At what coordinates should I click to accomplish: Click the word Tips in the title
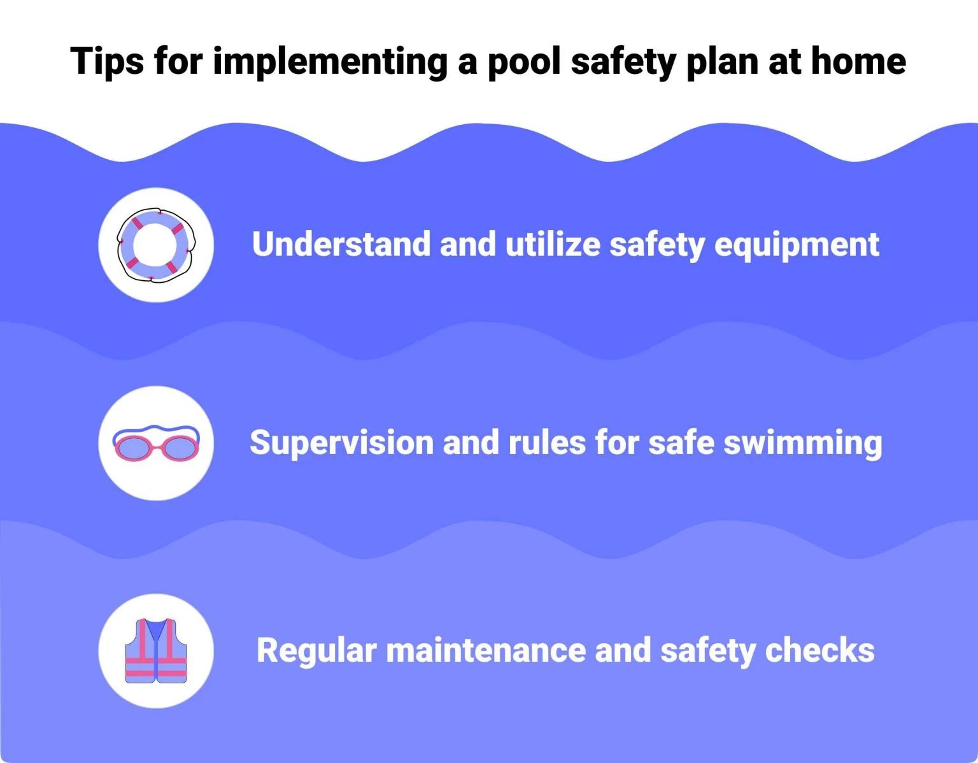pyautogui.click(x=106, y=62)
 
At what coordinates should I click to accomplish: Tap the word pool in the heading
pyautogui.click(x=523, y=62)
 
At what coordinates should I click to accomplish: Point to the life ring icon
pyautogui.click(x=156, y=245)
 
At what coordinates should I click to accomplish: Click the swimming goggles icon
pyautogui.click(x=156, y=443)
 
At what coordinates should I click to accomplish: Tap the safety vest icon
pyautogui.click(x=156, y=650)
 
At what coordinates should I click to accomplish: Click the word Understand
pyautogui.click(x=341, y=245)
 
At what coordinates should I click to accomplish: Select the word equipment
pyautogui.click(x=797, y=245)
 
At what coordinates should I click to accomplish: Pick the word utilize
pyautogui.click(x=553, y=245)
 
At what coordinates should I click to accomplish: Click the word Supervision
pyautogui.click(x=341, y=443)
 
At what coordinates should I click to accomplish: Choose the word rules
pyautogui.click(x=546, y=443)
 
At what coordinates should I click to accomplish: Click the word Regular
pyautogui.click(x=316, y=651)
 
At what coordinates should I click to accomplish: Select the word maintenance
pyautogui.click(x=485, y=651)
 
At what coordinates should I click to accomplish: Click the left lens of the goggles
pyautogui.click(x=133, y=446)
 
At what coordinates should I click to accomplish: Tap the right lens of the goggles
pyautogui.click(x=180, y=448)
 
